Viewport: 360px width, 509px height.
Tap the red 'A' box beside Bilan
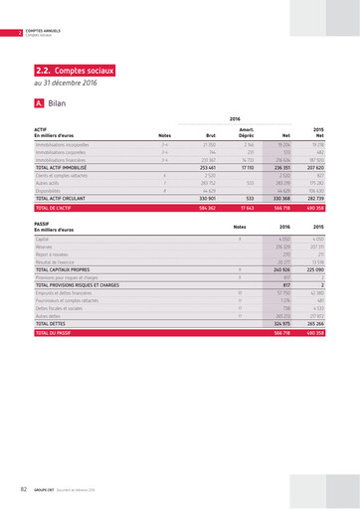pyautogui.click(x=38, y=102)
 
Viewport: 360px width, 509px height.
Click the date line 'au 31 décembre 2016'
pyautogui.click(x=67, y=84)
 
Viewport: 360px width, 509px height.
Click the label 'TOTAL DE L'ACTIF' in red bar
pyautogui.click(x=58, y=209)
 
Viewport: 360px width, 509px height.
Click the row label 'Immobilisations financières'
pyautogui.click(x=66, y=159)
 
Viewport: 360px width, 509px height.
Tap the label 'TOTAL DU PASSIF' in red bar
pyautogui.click(x=56, y=334)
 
